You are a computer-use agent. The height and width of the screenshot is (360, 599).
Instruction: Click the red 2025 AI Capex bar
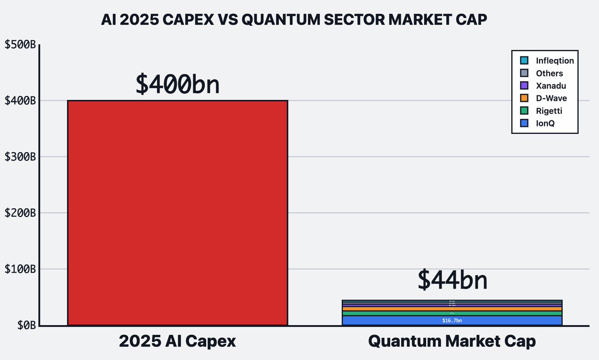[x=177, y=213]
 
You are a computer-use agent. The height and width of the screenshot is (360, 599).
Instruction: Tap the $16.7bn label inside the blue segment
[x=452, y=321]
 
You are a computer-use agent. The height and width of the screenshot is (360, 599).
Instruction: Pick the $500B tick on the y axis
[x=20, y=44]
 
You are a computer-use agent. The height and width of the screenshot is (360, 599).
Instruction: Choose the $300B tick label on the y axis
[x=20, y=157]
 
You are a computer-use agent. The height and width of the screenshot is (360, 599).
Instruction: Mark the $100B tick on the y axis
[x=20, y=269]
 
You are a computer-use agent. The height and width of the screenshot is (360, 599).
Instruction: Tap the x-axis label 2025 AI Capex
[x=177, y=342]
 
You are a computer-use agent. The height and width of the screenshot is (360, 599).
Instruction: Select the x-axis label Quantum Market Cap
[x=452, y=342]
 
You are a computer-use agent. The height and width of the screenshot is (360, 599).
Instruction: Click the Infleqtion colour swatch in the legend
[x=524, y=61]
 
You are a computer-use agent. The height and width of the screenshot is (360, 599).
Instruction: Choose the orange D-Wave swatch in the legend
[x=524, y=98]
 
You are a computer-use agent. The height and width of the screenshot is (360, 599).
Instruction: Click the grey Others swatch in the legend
[x=524, y=73]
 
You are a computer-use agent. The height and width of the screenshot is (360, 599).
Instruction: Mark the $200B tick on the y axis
[x=20, y=213]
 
